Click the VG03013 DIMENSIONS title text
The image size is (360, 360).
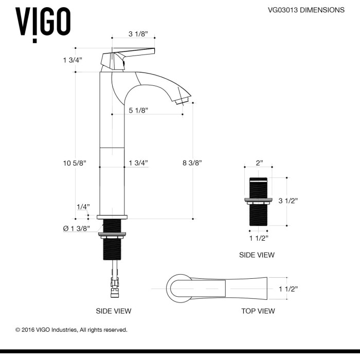pos(306,10)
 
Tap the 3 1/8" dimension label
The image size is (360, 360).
pos(138,34)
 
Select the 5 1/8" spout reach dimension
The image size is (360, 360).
pos(138,111)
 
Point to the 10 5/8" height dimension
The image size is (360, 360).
pos(75,163)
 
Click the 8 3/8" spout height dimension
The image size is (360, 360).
pos(192,163)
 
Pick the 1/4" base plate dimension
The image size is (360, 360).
pos(83,207)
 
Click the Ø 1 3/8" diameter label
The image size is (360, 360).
pos(77,228)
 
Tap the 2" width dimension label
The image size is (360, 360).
pos(259,163)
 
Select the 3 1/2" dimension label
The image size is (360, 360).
pos(288,201)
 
